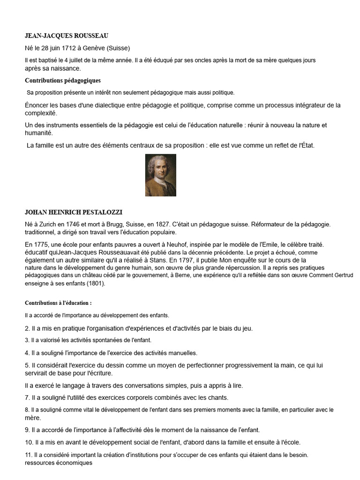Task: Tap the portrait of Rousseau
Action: point(161,175)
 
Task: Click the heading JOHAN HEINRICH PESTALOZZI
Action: point(73,212)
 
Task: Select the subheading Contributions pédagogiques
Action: point(62,81)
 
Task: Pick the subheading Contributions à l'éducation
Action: point(58,303)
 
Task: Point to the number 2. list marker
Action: point(27,328)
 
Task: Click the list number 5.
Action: point(27,365)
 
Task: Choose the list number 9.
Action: point(27,429)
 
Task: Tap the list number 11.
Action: point(29,455)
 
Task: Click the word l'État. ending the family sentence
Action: point(305,145)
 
